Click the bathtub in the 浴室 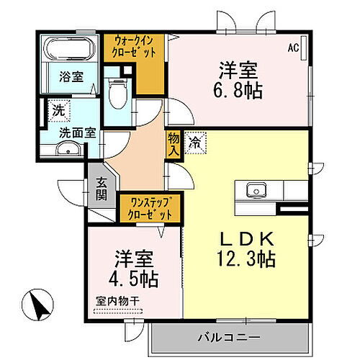69,51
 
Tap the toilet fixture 115,92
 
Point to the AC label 294,48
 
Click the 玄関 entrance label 101,190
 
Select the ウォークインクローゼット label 134,47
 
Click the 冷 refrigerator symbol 194,143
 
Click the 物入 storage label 174,145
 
